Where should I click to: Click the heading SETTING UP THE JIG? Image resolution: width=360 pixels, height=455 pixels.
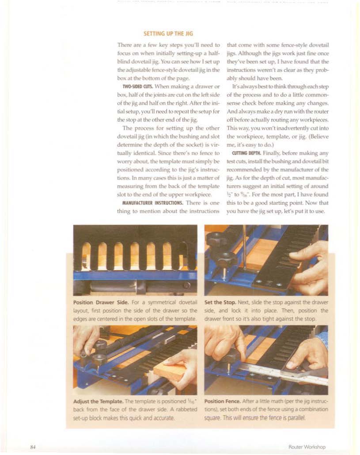pos(168,34)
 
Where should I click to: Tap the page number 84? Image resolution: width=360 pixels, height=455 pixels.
pos(33,447)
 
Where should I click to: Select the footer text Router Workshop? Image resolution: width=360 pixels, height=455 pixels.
pos(307,447)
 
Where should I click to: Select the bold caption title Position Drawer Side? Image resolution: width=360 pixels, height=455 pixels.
pos(101,302)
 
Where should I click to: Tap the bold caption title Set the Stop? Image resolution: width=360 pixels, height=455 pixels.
pos(220,302)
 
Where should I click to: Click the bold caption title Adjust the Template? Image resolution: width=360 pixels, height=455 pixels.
pos(98,401)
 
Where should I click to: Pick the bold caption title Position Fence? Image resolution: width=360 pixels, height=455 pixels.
pos(222,401)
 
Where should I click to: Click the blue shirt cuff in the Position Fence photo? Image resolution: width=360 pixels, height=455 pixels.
pos(323,339)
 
